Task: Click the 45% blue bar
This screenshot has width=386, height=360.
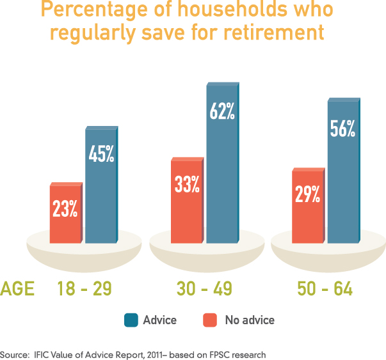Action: (101, 185)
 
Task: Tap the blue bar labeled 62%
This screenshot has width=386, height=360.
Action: (221, 163)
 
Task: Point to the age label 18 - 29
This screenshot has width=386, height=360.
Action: (84, 289)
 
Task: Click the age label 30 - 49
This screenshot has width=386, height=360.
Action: (204, 289)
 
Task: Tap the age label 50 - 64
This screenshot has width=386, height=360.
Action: (325, 289)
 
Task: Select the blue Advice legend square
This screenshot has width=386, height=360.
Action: (131, 320)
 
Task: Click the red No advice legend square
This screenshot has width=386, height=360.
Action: (209, 320)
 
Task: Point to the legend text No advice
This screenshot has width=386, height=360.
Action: (249, 320)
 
